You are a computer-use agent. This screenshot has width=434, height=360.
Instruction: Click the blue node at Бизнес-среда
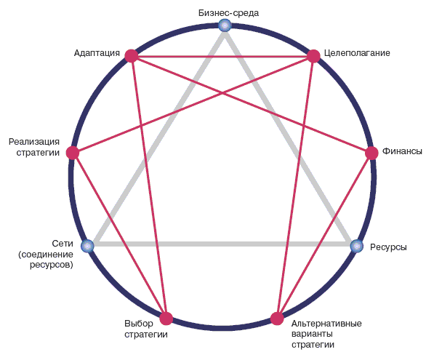(x=225, y=25)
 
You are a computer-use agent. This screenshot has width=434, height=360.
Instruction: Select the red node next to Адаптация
(x=132, y=56)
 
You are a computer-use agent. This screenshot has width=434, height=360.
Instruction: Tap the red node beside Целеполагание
(x=313, y=56)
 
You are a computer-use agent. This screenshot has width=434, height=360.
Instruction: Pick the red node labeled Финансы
(x=371, y=153)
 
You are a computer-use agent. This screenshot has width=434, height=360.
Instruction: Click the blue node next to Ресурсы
(x=357, y=246)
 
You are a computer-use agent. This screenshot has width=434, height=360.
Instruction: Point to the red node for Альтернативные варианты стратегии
(x=277, y=319)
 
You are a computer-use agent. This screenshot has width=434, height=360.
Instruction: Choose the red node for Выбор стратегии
(x=166, y=319)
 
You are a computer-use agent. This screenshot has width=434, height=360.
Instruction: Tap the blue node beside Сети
(x=87, y=246)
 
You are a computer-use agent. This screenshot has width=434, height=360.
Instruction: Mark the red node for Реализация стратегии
(x=73, y=153)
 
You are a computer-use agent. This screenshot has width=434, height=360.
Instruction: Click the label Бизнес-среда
(x=228, y=13)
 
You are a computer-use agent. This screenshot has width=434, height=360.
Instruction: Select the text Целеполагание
(x=357, y=53)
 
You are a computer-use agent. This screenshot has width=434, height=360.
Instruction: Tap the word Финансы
(x=402, y=151)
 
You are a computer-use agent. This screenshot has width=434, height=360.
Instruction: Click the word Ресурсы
(x=388, y=247)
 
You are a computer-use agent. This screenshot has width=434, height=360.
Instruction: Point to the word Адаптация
(x=97, y=53)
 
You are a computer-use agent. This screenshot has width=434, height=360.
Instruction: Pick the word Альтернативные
(x=326, y=324)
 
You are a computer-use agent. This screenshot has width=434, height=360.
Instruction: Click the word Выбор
(x=139, y=324)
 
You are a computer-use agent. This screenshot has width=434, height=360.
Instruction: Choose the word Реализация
(x=34, y=142)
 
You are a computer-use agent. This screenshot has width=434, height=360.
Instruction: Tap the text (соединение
(x=46, y=255)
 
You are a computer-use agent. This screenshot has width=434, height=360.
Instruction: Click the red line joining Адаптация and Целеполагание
(x=222, y=57)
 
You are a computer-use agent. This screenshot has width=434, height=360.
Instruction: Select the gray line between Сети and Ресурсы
(x=222, y=244)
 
